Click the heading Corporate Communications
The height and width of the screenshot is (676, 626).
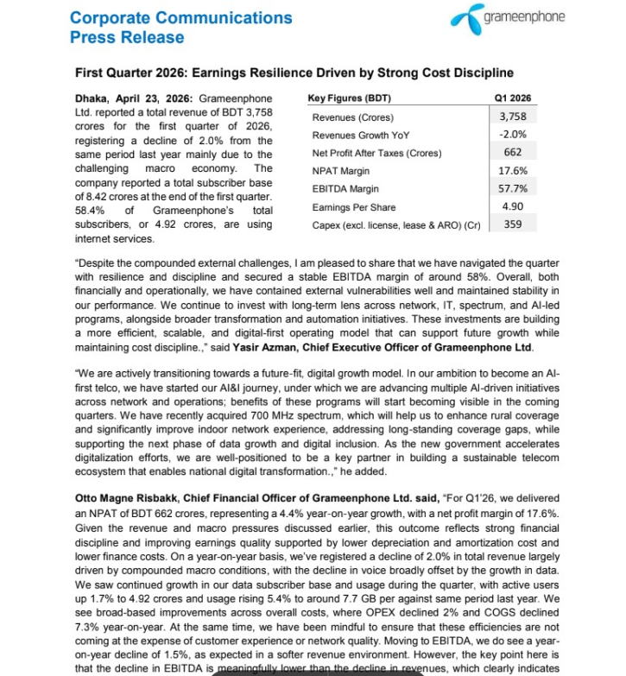pyautogui.click(x=180, y=17)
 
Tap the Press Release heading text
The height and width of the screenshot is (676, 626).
pyautogui.click(x=126, y=37)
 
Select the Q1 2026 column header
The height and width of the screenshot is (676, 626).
pyautogui.click(x=512, y=98)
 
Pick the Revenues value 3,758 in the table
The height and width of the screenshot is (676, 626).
pyautogui.click(x=513, y=117)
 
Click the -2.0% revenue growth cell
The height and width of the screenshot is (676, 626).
pyautogui.click(x=513, y=135)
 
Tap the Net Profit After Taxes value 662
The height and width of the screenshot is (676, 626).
pyautogui.click(x=513, y=153)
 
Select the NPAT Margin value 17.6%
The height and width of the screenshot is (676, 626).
pyautogui.click(x=513, y=171)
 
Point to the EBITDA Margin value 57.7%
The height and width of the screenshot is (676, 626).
pyautogui.click(x=513, y=189)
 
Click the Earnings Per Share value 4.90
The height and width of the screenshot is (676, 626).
pyautogui.click(x=513, y=207)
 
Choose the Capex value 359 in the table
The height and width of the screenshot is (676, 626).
pyautogui.click(x=513, y=225)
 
